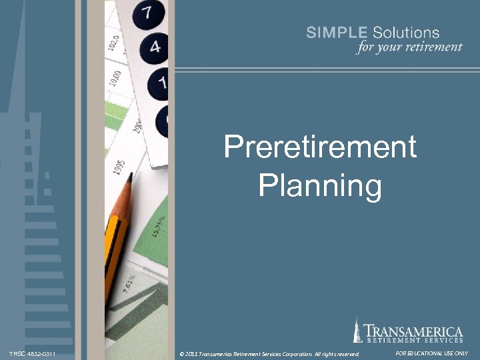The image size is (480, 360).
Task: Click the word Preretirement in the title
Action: (320, 147)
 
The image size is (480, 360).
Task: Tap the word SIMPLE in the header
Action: (337, 33)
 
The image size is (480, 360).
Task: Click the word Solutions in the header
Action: (406, 33)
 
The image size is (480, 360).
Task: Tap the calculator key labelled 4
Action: (155, 47)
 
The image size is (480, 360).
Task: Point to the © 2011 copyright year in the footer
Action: (190, 353)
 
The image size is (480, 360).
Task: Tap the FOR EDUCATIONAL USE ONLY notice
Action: (432, 353)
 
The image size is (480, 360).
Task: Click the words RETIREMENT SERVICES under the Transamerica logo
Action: (413, 341)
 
